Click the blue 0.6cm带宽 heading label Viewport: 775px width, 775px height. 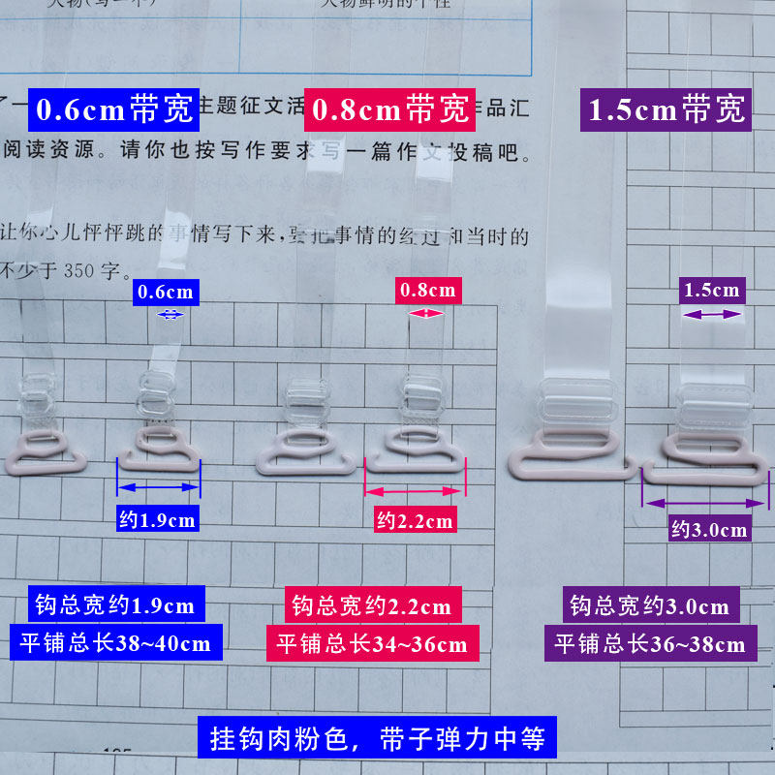(x=114, y=109)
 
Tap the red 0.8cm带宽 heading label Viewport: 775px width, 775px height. (x=388, y=109)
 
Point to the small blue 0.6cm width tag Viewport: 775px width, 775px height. (x=166, y=292)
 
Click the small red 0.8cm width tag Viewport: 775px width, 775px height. (x=427, y=290)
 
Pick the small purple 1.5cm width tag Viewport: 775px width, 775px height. (x=712, y=290)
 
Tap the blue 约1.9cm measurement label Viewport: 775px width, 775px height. (x=157, y=520)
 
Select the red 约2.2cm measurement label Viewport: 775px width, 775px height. (x=415, y=520)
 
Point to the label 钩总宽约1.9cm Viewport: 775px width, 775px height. (x=114, y=606)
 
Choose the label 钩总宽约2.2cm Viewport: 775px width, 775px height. (x=372, y=606)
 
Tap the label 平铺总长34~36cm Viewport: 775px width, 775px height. (x=372, y=643)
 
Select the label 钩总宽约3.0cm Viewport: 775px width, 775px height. (x=649, y=606)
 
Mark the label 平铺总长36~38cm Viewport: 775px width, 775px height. (x=649, y=643)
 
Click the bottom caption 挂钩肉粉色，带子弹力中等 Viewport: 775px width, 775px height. (x=378, y=739)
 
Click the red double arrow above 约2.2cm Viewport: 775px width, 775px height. (x=415, y=490)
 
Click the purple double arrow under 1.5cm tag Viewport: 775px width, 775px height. (x=712, y=314)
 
